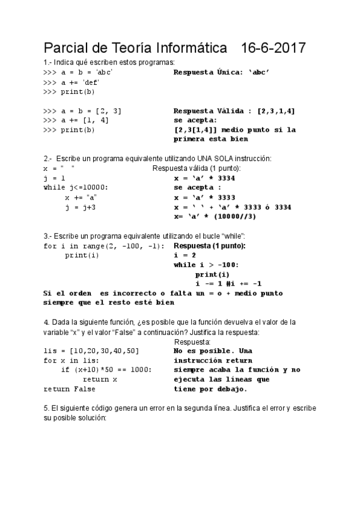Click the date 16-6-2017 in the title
[273, 48]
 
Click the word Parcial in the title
[69, 48]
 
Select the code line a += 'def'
[71, 82]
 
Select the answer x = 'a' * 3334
[204, 178]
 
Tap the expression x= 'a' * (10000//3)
[215, 217]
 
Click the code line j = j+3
[80, 207]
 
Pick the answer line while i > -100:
[206, 265]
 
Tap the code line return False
[69, 389]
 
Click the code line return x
[100, 379]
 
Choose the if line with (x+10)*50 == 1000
[106, 370]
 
